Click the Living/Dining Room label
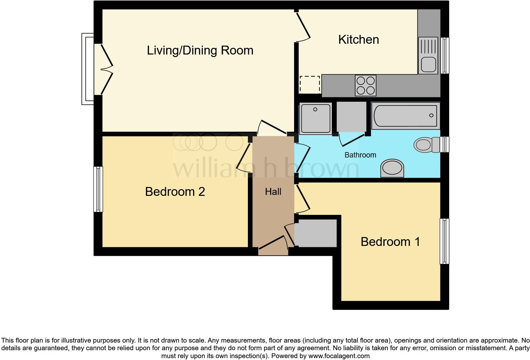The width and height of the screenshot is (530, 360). (200, 50)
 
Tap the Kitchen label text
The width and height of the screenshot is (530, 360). (359, 40)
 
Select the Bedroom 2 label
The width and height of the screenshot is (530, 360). (175, 192)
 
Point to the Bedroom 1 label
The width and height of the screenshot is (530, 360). (390, 242)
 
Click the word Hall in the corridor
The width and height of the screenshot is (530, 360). (273, 192)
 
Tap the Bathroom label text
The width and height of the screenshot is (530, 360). (360, 155)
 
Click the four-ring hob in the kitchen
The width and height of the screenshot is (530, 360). (365, 85)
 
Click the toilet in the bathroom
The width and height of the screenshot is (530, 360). (425, 145)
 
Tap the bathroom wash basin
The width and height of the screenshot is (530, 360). (392, 168)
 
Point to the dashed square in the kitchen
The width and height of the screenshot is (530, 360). (309, 85)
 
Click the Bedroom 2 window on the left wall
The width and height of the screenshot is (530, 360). (98, 189)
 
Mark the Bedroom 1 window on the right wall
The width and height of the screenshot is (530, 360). (445, 241)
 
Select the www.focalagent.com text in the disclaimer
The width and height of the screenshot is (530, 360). (339, 356)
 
